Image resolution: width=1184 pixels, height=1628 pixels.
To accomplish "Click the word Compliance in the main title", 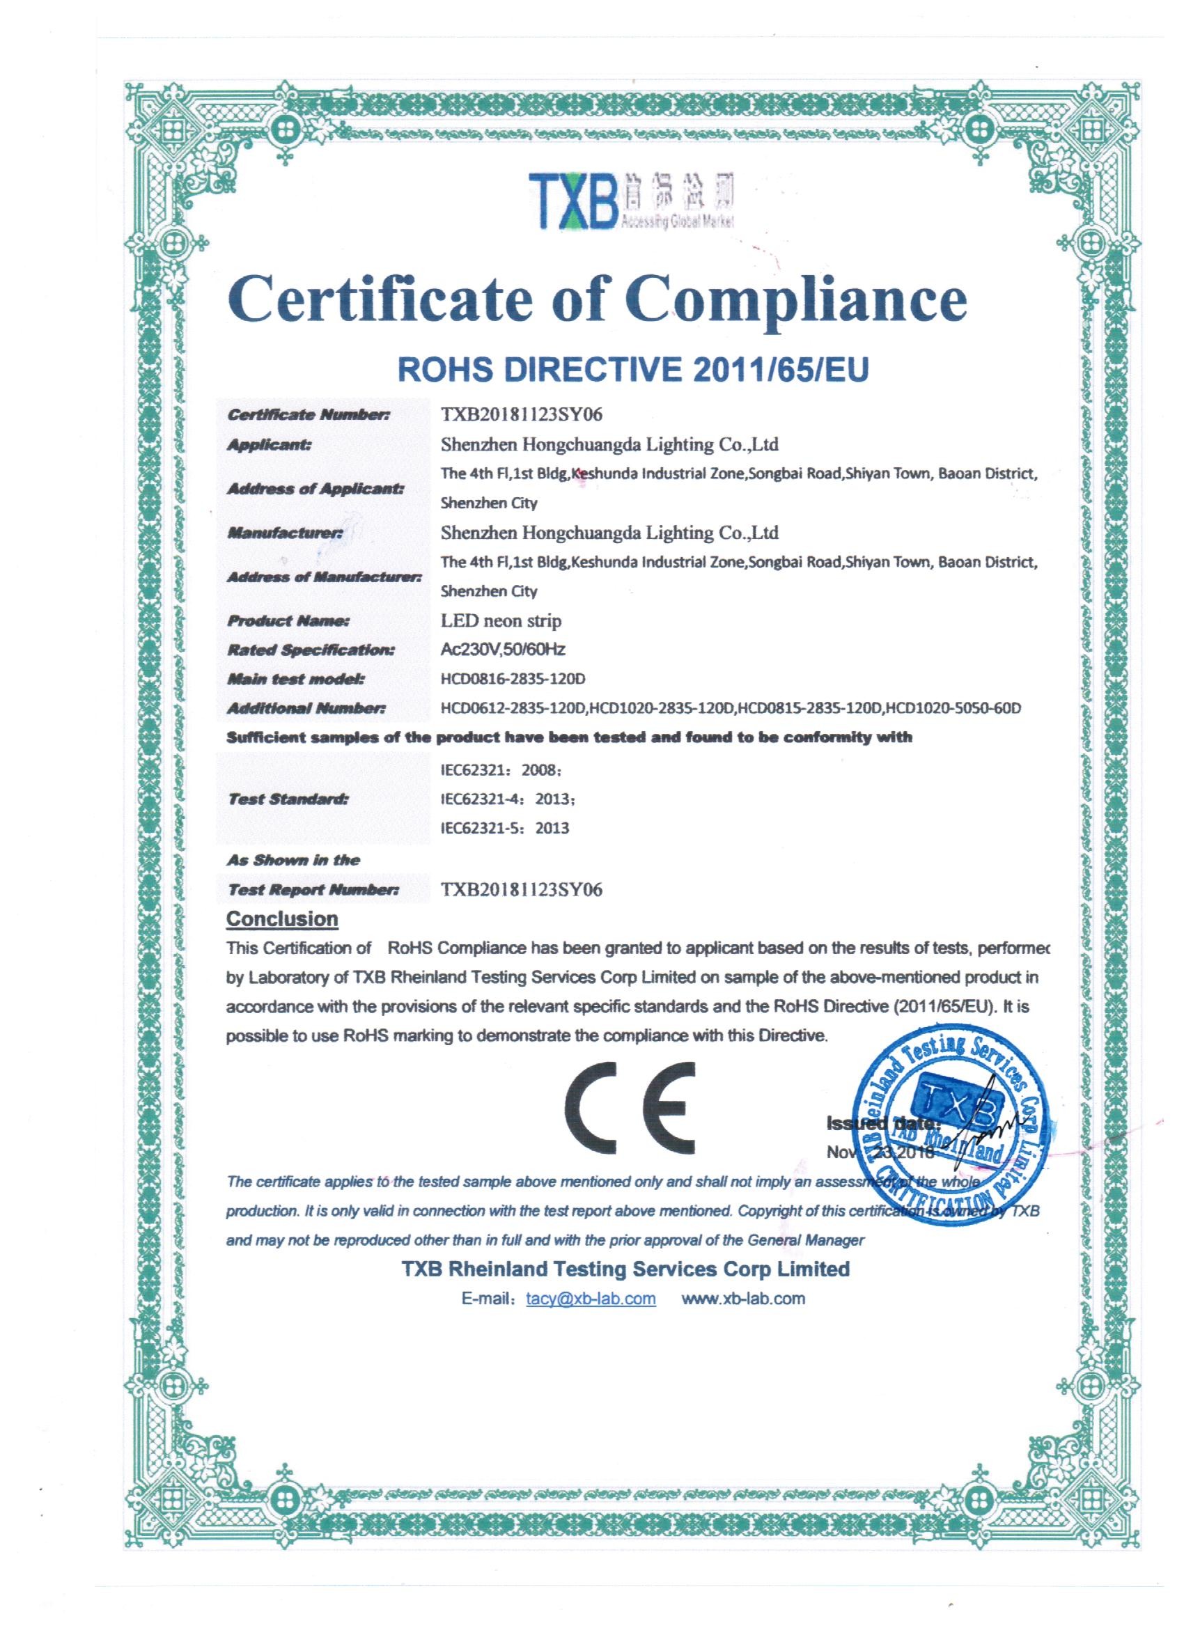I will coord(796,301).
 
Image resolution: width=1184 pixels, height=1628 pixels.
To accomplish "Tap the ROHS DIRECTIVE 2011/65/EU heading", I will coord(632,369).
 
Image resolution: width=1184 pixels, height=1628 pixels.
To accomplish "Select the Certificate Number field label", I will coord(308,415).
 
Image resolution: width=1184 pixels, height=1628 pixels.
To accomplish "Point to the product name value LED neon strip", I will coord(501,620).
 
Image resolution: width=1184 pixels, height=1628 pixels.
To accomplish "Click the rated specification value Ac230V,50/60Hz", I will coord(503,650).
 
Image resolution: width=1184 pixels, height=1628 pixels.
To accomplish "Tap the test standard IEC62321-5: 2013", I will coord(505,829).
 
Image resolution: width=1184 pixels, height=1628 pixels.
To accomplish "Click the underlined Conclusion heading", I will coord(282,919).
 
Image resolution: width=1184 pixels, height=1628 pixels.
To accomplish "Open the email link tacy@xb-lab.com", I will coord(591,1319).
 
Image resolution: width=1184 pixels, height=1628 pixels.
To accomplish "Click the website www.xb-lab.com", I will coord(742,1319).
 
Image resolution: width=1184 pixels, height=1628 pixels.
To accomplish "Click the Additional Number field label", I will coord(306,708).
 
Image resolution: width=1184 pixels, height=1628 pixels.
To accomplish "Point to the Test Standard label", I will coord(288,799).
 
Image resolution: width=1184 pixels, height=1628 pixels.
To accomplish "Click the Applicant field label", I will coord(270,445).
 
